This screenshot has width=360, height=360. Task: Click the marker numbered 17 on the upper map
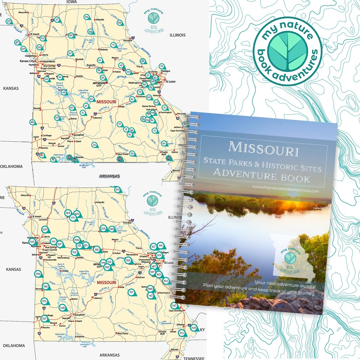[8, 22]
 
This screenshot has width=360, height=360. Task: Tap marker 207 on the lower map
[45, 230]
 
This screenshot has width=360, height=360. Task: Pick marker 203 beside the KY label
[194, 328]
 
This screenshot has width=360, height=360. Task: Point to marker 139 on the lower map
[38, 274]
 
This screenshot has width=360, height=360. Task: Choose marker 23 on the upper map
[94, 145]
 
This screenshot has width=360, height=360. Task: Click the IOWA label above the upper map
[71, 2]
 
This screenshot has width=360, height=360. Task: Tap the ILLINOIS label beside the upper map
[178, 35]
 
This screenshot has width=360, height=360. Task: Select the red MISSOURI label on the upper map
[106, 102]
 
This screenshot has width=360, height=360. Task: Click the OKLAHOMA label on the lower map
[12, 346]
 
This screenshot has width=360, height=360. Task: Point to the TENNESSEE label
[194, 358]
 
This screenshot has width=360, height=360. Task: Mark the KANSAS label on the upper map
[11, 88]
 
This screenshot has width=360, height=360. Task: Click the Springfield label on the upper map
[78, 135]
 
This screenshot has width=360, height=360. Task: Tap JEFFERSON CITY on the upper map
[99, 84]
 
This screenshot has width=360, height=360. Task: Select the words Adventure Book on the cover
[261, 176]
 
